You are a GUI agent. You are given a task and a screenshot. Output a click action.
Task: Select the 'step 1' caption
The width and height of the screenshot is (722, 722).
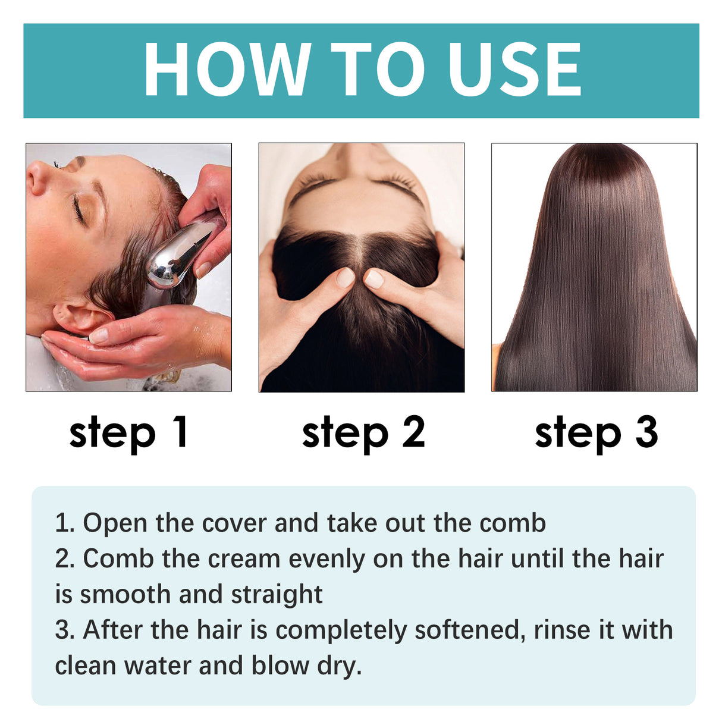pyautogui.click(x=128, y=432)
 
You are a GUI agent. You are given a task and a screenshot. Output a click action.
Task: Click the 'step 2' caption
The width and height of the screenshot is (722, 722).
pyautogui.click(x=363, y=432)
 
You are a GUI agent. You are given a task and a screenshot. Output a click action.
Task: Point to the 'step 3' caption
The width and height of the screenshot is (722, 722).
pyautogui.click(x=596, y=432)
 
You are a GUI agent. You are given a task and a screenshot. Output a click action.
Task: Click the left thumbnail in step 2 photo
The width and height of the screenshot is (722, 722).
pyautogui.click(x=345, y=277)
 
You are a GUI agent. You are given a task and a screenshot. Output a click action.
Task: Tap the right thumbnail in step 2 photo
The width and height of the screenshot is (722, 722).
pyautogui.click(x=374, y=278)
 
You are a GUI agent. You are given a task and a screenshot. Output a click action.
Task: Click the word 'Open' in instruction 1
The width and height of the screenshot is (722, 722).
pyautogui.click(x=115, y=523)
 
